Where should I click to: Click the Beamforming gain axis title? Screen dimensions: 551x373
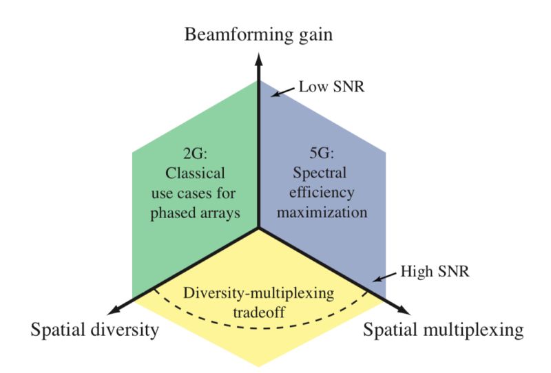click(x=258, y=36)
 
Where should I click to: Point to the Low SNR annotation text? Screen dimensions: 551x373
click(x=331, y=87)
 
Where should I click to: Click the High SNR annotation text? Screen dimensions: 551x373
click(x=435, y=272)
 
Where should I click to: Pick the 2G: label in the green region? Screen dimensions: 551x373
click(x=196, y=153)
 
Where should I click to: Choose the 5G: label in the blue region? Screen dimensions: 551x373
click(x=322, y=153)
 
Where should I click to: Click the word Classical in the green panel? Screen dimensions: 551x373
click(x=195, y=173)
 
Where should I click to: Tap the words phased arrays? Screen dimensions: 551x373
click(x=195, y=213)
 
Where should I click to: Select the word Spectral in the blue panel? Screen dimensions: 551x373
click(x=320, y=173)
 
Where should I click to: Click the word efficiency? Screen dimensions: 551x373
click(x=322, y=193)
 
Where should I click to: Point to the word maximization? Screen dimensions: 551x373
click(x=322, y=213)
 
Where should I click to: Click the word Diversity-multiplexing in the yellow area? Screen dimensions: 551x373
click(x=258, y=293)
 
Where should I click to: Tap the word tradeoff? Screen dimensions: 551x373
click(x=259, y=312)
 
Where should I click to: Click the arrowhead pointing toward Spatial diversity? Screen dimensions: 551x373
click(x=115, y=310)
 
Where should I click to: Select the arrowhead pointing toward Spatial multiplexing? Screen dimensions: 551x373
click(x=403, y=310)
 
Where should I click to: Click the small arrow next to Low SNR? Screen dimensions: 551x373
click(x=283, y=92)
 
